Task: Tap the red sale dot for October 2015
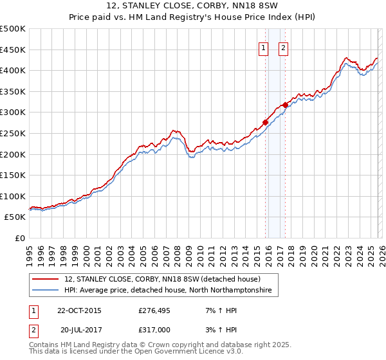(265, 122)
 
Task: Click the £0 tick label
(19, 238)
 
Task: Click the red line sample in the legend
(46, 280)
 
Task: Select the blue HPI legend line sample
(46, 291)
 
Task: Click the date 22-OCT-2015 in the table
(79, 310)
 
